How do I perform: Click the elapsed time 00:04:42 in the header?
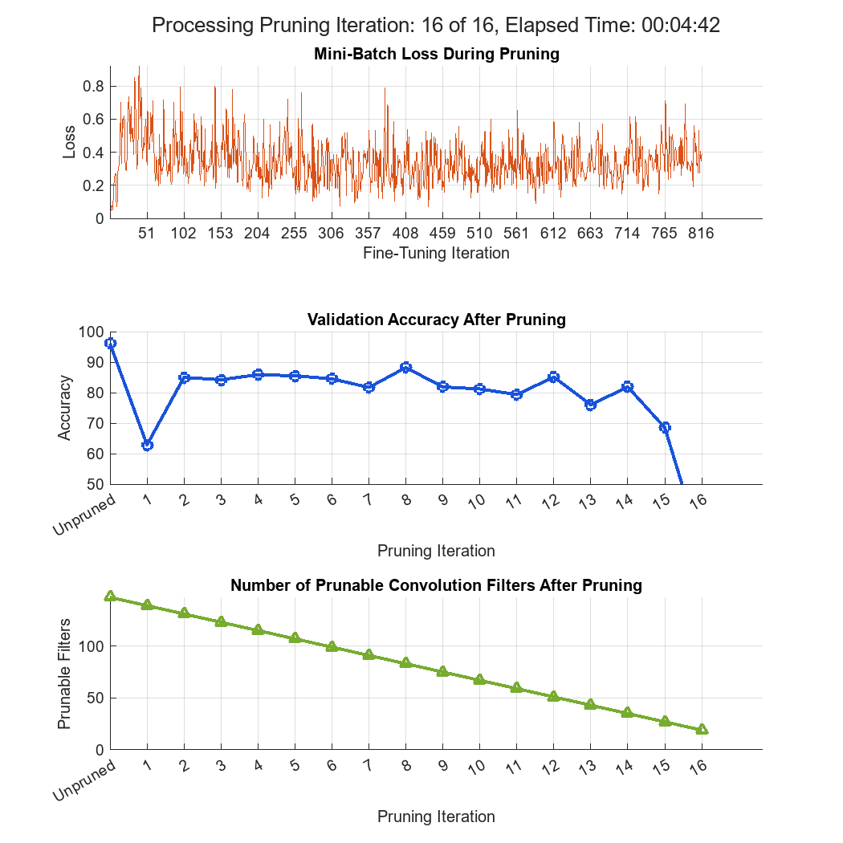tap(680, 26)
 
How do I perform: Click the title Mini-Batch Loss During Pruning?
tap(436, 55)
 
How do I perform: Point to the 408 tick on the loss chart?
tap(405, 234)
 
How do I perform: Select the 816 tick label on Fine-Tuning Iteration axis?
tap(701, 234)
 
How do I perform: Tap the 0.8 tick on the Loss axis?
tap(95, 87)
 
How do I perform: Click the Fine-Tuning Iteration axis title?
tap(436, 254)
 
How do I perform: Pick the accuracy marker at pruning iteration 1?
tap(148, 445)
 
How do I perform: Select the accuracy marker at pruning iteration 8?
tap(405, 368)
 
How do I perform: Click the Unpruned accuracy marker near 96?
tap(111, 344)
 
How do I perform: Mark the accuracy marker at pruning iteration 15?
tap(665, 427)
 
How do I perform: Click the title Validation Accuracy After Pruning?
tap(436, 320)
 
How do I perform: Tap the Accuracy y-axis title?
tap(65, 409)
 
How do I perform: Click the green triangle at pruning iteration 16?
tap(702, 729)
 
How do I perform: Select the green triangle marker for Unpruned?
tap(111, 597)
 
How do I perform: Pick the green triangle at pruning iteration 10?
tap(480, 679)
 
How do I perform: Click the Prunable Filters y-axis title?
tap(65, 674)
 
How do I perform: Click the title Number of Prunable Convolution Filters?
tap(436, 585)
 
